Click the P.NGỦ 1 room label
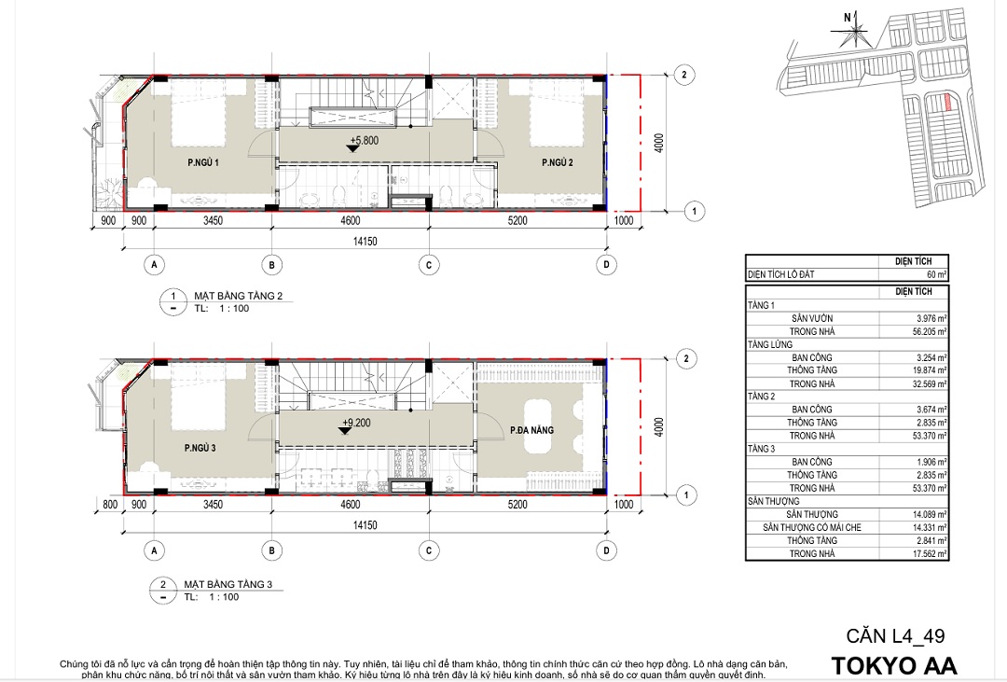[x=203, y=162]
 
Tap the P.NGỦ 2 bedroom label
[x=558, y=162]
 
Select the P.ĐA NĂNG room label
[x=531, y=430]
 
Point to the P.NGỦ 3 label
[x=200, y=448]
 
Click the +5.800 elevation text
[x=365, y=140]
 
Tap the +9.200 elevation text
[x=356, y=423]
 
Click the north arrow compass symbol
[x=849, y=30]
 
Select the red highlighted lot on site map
[x=947, y=102]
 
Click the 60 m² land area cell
[x=936, y=274]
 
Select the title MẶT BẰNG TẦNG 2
[x=239, y=297]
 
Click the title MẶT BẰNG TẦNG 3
[x=228, y=584]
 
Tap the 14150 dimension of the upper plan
[x=365, y=242]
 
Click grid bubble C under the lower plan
[x=428, y=550]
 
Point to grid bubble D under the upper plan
[x=606, y=265]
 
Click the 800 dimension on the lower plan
[x=110, y=505]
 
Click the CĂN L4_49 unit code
[x=895, y=635]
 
